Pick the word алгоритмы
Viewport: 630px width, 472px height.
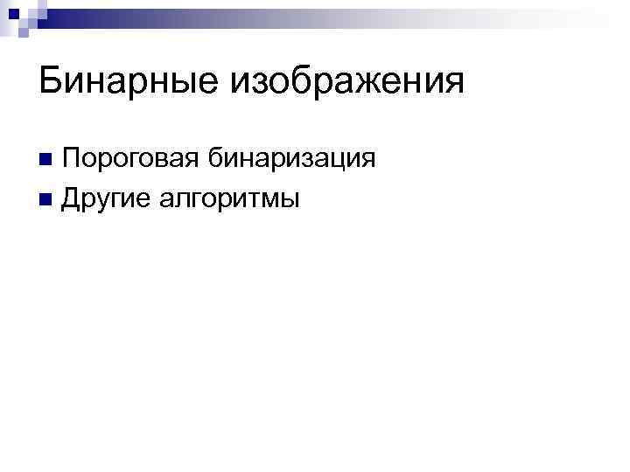[229, 200]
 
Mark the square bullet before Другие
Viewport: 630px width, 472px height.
[45, 200]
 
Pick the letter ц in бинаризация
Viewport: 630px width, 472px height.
[341, 161]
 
